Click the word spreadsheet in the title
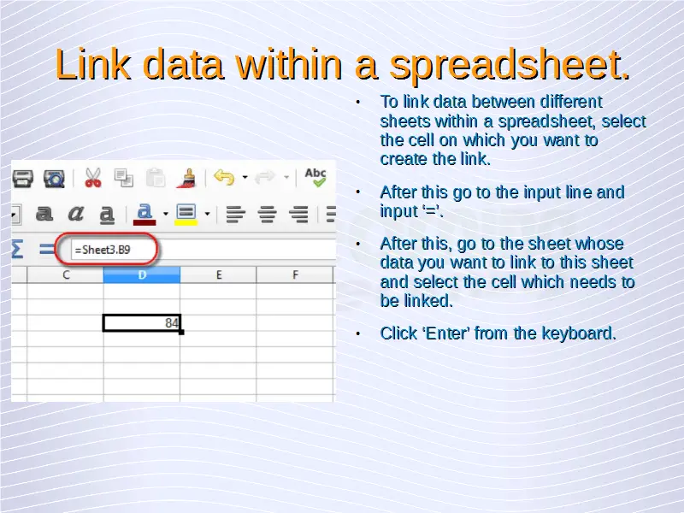[x=510, y=66]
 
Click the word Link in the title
[x=93, y=64]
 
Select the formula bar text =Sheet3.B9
[x=103, y=250]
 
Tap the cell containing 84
[x=142, y=323]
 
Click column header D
[x=142, y=274]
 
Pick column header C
[x=66, y=274]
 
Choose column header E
[x=219, y=274]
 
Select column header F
[x=295, y=274]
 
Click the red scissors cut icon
[x=93, y=178]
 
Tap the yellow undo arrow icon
[x=224, y=178]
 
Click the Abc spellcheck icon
[x=315, y=177]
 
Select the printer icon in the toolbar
[x=23, y=179]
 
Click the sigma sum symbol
[x=17, y=249]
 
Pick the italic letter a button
[x=75, y=214]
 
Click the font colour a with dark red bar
[x=144, y=215]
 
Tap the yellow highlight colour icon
[x=186, y=215]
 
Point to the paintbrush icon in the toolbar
[x=186, y=178]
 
